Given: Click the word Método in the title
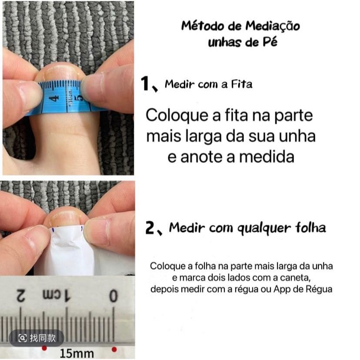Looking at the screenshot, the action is click(x=203, y=26).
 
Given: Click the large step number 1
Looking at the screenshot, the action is click(x=145, y=83).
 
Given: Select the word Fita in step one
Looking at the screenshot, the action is click(x=242, y=84).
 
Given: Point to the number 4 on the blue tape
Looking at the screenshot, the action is click(x=54, y=98).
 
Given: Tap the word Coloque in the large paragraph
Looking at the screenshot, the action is click(x=177, y=116).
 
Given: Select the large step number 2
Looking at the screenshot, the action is click(x=150, y=227).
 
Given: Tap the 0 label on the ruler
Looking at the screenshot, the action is click(x=113, y=296).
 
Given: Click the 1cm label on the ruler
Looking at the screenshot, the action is click(x=57, y=295).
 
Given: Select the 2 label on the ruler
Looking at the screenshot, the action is click(x=20, y=295).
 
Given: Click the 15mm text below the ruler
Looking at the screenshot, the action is click(x=77, y=353).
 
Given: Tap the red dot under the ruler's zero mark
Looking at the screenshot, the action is click(x=114, y=350).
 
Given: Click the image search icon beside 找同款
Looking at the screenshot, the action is click(x=22, y=338).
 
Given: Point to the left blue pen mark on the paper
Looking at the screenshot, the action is click(x=53, y=230).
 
